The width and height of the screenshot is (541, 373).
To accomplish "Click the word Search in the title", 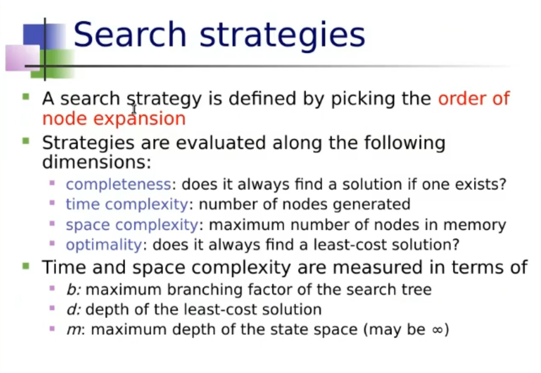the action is (x=130, y=34).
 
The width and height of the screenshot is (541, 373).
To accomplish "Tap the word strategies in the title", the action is (x=282, y=36).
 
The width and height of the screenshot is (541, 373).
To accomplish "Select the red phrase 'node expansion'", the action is (x=114, y=119).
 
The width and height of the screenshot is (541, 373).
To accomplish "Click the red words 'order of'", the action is (x=474, y=98).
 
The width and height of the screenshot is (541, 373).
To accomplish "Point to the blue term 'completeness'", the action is (x=118, y=184).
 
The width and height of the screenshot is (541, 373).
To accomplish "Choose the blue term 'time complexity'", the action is (x=127, y=204).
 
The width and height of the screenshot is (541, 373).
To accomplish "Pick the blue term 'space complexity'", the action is (x=132, y=225).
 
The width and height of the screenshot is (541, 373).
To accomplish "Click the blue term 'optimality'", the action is (x=104, y=245).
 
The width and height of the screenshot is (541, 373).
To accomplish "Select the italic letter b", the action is (x=72, y=289).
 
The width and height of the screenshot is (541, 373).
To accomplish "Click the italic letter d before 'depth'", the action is (x=72, y=309).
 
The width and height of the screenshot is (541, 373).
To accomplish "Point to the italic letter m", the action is (x=75, y=330).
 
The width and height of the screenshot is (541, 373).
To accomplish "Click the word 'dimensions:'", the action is (x=97, y=161).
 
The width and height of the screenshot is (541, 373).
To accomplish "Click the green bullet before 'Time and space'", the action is (x=26, y=266).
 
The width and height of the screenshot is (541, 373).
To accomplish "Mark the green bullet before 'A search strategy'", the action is (x=26, y=97).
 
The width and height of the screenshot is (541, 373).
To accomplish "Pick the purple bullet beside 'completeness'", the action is (x=52, y=183).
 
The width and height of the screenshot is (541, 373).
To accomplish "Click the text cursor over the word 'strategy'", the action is (x=134, y=109).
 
